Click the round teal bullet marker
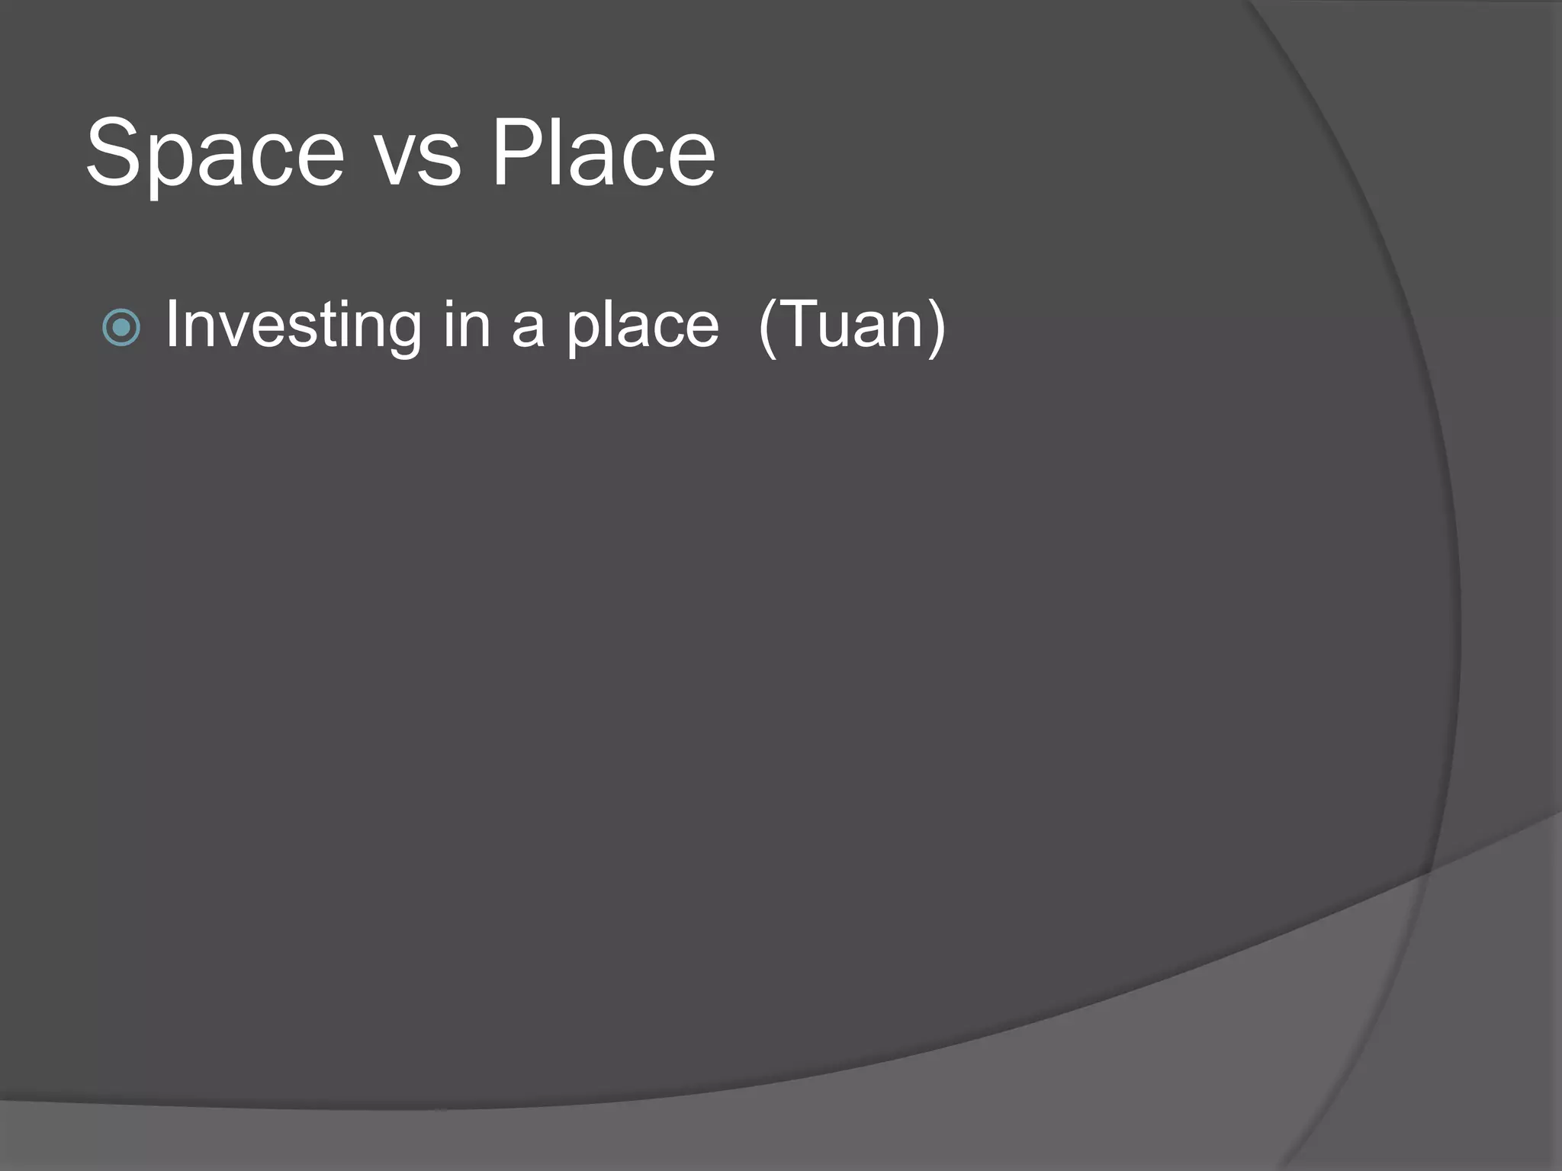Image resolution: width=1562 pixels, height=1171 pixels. pyautogui.click(x=121, y=328)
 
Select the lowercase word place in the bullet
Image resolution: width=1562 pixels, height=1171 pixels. pyautogui.click(x=642, y=329)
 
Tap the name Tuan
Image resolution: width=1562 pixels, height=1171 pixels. pyautogui.click(x=852, y=325)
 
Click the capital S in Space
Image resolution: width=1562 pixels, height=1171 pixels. pyautogui.click(x=114, y=152)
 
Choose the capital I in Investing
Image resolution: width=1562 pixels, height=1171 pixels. pyautogui.click(x=172, y=325)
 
